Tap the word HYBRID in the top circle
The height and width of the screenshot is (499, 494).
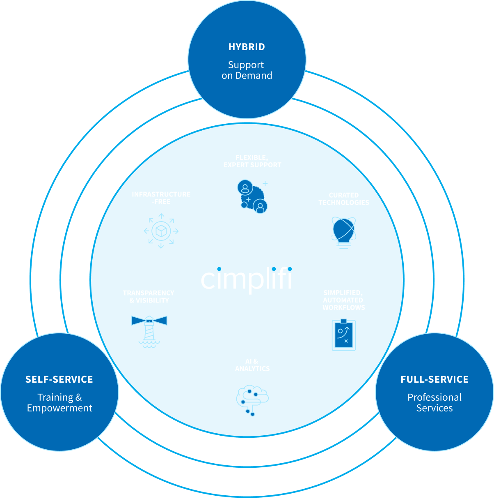(247, 47)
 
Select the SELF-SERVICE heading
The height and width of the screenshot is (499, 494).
(59, 379)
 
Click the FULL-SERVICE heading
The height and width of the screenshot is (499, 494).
(435, 379)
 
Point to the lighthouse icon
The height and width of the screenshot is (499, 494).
(149, 331)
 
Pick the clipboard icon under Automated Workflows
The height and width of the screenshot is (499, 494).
(343, 335)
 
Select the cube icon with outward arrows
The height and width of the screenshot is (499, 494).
(161, 231)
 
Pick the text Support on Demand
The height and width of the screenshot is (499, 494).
(247, 70)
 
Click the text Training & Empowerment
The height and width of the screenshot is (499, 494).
(59, 403)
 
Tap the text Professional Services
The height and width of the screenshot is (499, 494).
(435, 403)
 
